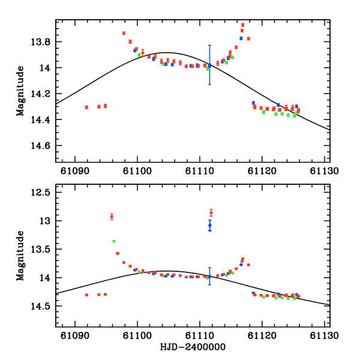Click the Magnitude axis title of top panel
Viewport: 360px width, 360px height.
tap(21, 91)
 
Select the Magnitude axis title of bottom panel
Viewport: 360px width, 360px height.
tap(21, 255)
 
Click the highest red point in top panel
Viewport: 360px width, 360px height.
tap(242, 25)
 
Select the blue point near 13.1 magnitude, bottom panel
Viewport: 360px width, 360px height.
tap(210, 225)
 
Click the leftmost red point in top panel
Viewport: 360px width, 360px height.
tap(87, 107)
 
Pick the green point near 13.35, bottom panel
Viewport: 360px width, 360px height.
tap(113, 241)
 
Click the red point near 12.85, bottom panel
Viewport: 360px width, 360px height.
tap(211, 212)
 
